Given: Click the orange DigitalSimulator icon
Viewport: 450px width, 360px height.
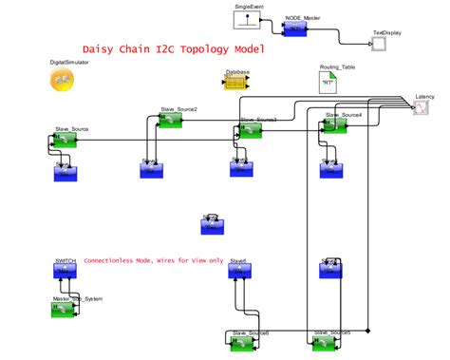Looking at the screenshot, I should [x=63, y=82].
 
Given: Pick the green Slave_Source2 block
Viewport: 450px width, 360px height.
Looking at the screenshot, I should [x=170, y=123].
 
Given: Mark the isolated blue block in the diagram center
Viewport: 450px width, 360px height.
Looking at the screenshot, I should [x=212, y=225].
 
